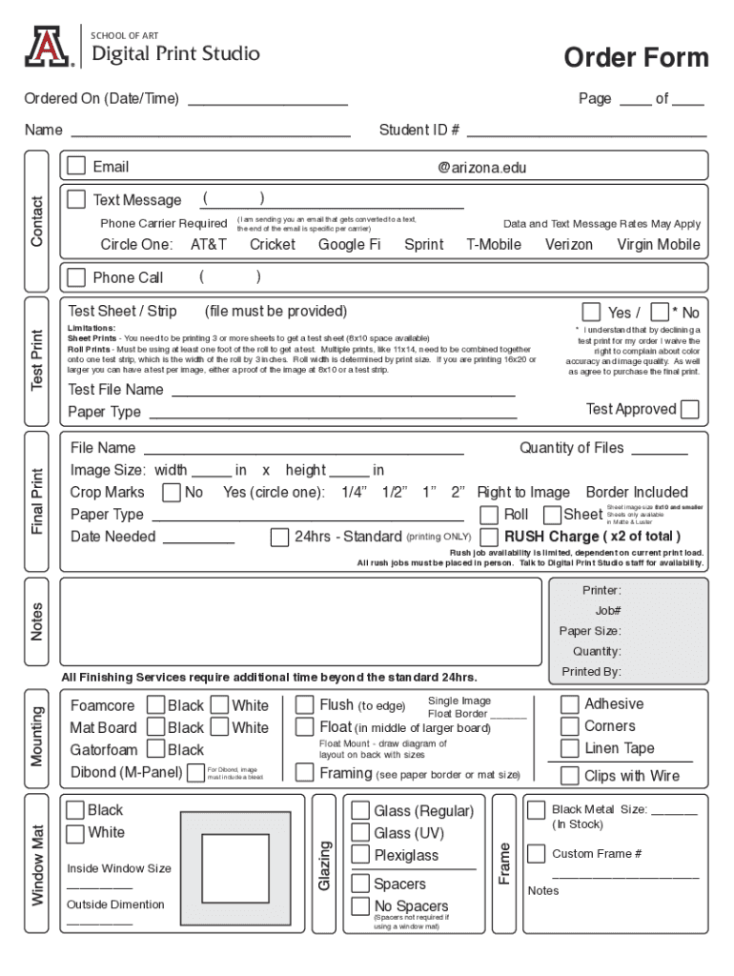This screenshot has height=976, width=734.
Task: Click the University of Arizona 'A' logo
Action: tap(48, 47)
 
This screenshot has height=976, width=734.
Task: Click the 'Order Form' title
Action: tap(636, 58)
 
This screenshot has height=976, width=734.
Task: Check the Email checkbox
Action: tap(76, 167)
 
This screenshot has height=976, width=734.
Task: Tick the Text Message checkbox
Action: tap(76, 199)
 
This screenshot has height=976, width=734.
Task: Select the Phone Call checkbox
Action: tap(76, 277)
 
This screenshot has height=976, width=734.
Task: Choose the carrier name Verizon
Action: tap(568, 245)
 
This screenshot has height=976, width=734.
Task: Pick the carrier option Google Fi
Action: tap(349, 245)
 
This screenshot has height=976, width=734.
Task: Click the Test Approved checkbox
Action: tap(690, 410)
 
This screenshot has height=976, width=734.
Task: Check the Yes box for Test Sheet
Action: tap(591, 313)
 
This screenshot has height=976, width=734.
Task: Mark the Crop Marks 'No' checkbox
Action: tap(172, 493)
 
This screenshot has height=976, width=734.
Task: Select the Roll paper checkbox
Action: tap(489, 515)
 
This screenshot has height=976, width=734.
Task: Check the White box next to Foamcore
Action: tap(218, 705)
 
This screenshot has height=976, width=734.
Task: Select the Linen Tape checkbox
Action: tap(569, 748)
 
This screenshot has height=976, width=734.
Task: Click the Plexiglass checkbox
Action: tap(360, 855)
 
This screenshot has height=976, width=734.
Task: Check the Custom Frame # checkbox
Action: tap(537, 853)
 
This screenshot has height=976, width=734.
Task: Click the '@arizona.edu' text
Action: tap(481, 168)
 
